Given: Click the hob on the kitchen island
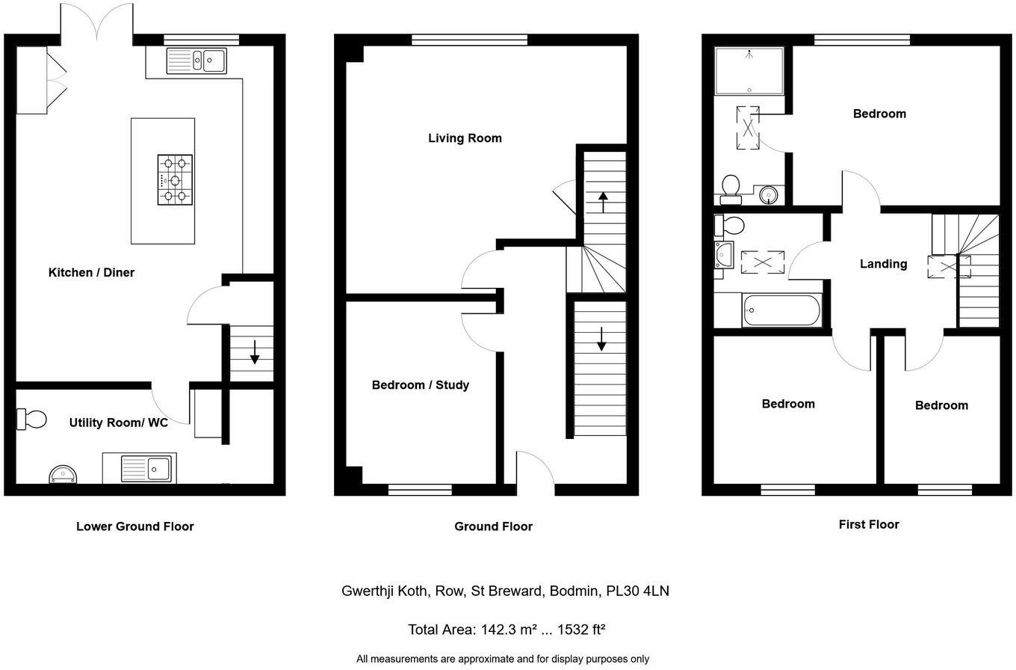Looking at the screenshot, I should tap(175, 179).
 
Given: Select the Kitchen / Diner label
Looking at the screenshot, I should tap(91, 272).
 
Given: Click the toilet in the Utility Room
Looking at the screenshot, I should tap(31, 419).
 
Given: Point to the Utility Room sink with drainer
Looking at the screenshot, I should tap(139, 468).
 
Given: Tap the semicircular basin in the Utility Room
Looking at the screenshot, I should tap(63, 475).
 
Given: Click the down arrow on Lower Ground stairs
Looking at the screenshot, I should tap(254, 351).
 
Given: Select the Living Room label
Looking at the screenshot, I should tap(465, 138).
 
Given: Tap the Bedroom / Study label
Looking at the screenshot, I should tap(421, 385).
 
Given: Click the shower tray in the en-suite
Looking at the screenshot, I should tap(749, 71).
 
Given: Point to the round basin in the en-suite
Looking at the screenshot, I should tap(769, 195).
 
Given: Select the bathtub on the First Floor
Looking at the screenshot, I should tap(781, 310).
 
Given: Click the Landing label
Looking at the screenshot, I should tap(883, 264).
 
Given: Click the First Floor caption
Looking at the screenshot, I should tap(869, 524).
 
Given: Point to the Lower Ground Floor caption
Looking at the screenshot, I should tap(135, 526).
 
